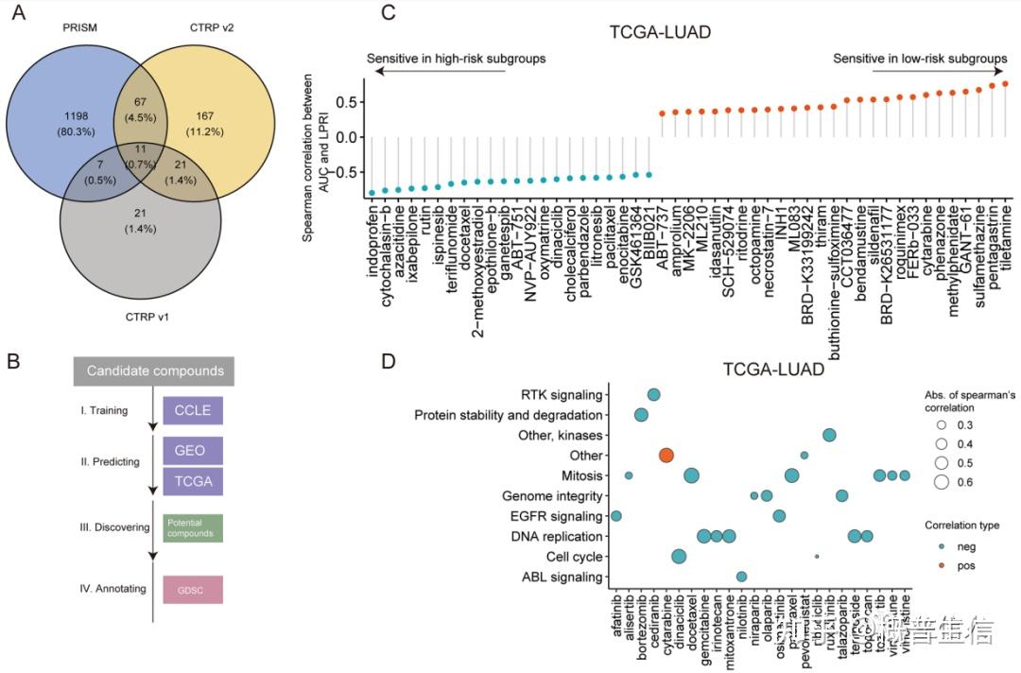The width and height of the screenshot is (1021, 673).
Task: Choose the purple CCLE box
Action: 193,411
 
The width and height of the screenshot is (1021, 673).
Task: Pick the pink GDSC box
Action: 193,589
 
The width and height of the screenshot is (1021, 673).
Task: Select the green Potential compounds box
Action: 193,528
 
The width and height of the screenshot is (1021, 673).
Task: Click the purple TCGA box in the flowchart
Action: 193,481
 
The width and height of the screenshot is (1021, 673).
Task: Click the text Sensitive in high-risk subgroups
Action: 456,59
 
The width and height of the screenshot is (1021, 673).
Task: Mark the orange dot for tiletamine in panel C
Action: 1005,84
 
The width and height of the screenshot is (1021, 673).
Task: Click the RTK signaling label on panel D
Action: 561,394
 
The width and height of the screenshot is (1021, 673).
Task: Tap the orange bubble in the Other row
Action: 666,455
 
